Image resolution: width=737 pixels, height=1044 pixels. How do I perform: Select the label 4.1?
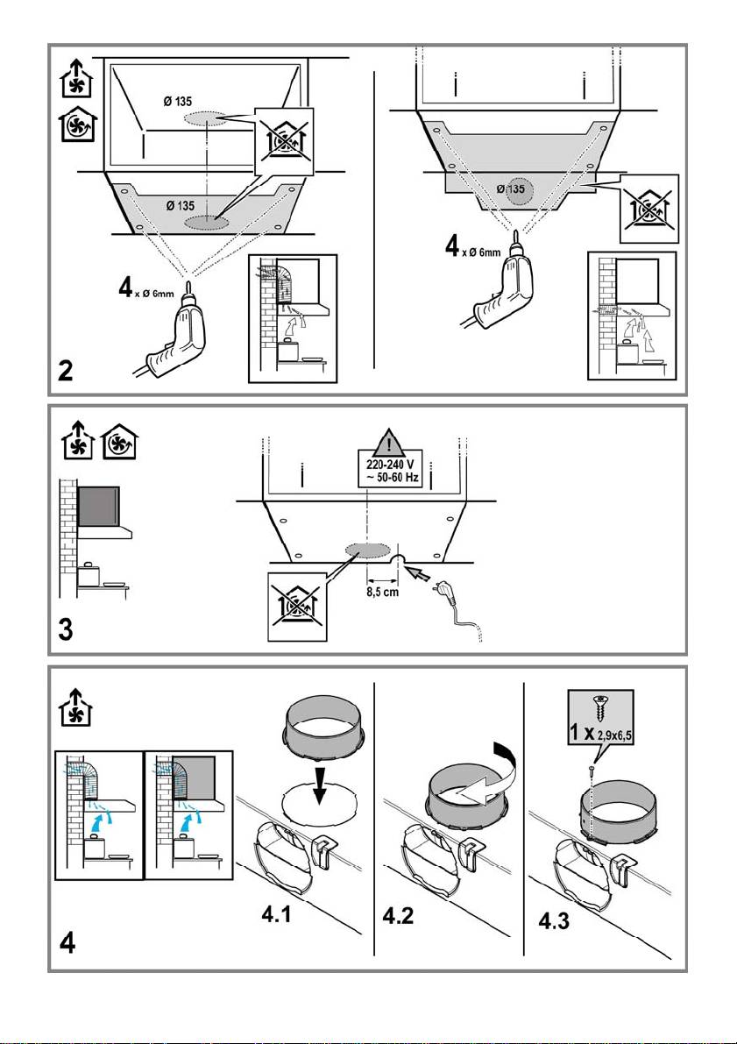[x=283, y=915]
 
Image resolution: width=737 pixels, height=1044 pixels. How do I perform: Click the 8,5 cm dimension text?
[x=383, y=591]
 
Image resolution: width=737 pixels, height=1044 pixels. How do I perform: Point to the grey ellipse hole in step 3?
[x=366, y=550]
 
